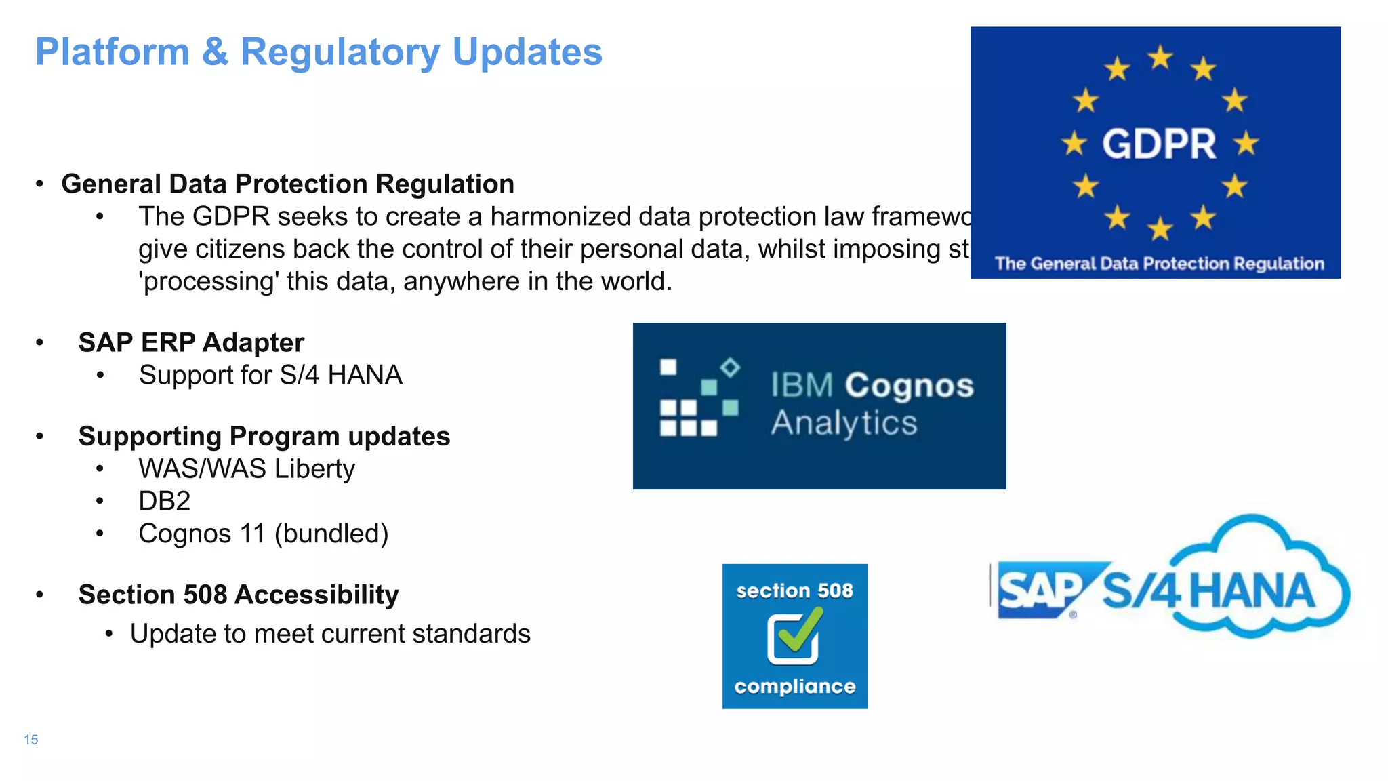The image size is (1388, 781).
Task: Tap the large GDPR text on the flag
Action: point(1159,144)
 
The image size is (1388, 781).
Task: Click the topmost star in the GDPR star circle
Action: point(1160,58)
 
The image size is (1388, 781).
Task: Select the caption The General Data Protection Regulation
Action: point(1159,264)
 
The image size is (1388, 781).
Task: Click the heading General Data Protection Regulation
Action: point(287,184)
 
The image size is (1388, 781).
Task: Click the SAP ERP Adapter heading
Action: point(191,342)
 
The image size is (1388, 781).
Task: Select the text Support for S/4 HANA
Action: point(270,375)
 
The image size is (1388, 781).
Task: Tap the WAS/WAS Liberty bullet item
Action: point(247,468)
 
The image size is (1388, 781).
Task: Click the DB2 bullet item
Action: point(165,501)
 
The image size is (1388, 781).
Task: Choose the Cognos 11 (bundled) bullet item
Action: point(263,534)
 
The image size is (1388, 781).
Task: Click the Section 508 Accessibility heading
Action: point(239,595)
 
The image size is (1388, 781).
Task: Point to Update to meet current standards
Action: point(330,634)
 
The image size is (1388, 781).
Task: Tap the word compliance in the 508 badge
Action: point(794,687)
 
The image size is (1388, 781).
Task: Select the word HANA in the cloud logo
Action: point(1252,590)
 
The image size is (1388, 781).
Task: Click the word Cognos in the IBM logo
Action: point(909,385)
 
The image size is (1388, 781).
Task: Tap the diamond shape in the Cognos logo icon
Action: point(730,367)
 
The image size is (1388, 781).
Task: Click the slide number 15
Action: point(31,740)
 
